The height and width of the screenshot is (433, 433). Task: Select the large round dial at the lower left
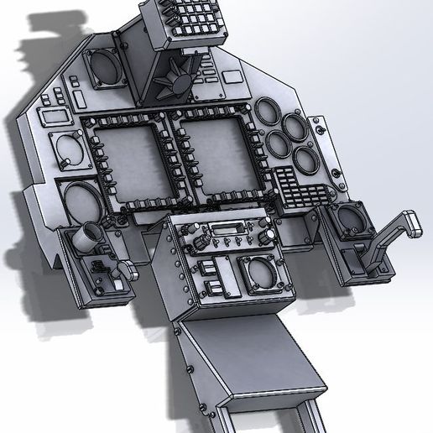coord(81,202)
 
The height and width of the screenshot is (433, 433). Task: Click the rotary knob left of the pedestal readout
coord(201,240)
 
